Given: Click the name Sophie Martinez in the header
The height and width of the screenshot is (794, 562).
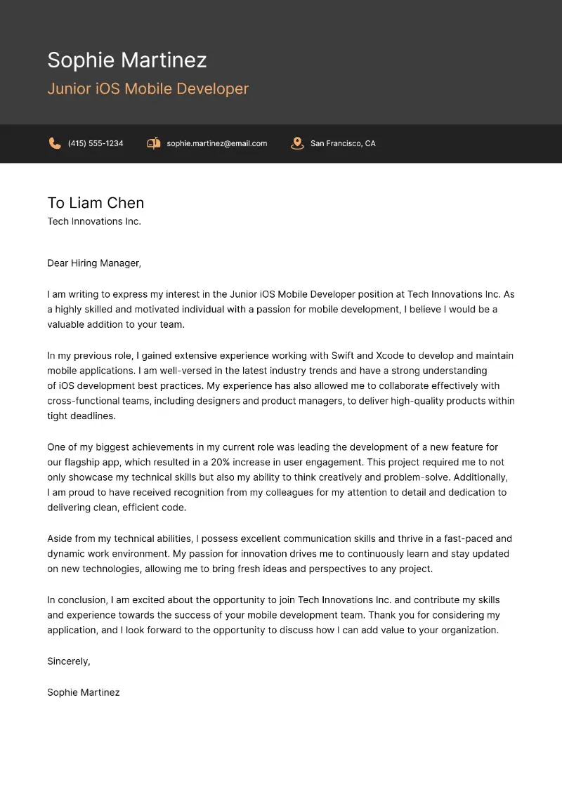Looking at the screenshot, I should (x=127, y=60).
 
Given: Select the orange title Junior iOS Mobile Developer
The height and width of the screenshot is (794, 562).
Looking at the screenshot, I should (x=148, y=89).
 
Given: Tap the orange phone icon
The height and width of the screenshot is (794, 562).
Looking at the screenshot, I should (x=55, y=143).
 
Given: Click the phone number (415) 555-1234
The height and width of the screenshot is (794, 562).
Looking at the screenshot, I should (x=96, y=143).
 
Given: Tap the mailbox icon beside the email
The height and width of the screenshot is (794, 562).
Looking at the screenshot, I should (x=153, y=143).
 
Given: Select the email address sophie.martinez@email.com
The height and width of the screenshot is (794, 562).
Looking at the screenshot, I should (x=216, y=143).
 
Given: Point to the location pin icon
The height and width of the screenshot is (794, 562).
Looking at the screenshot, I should (x=297, y=143).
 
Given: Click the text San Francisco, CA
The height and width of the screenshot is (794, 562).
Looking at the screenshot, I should (x=343, y=143).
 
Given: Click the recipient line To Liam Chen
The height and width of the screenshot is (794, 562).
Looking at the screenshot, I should (x=96, y=203).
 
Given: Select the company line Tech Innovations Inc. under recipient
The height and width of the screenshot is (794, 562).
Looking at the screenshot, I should (x=94, y=222).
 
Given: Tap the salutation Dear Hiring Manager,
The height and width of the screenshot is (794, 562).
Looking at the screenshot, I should (x=94, y=263).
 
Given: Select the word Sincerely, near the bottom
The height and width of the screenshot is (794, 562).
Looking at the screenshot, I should (x=68, y=661).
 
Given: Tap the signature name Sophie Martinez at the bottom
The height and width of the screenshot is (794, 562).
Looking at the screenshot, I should (x=83, y=692).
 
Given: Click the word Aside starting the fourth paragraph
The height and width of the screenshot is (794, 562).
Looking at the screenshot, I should (x=60, y=538).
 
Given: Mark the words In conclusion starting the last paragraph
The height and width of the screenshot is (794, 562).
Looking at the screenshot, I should (x=77, y=600).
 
